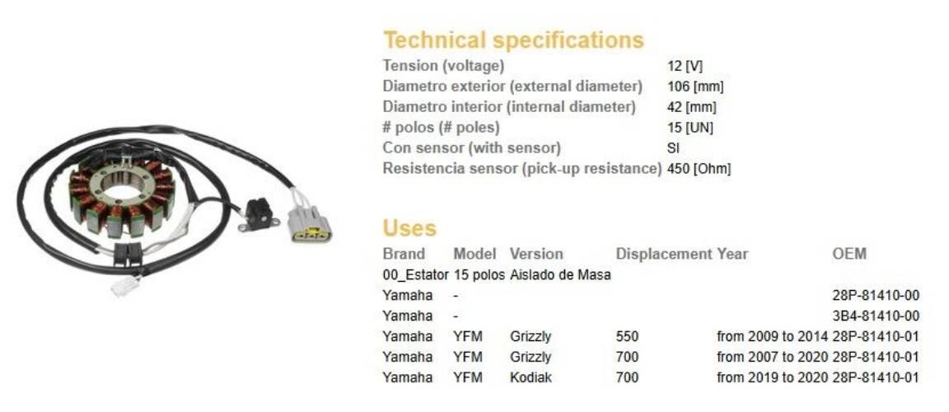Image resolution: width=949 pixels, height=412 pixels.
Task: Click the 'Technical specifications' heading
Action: [x=513, y=40]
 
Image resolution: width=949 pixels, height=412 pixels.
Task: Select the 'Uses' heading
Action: [x=409, y=228]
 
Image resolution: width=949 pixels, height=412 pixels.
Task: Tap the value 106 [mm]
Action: [x=695, y=87]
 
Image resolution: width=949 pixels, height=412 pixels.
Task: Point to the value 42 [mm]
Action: [x=692, y=108]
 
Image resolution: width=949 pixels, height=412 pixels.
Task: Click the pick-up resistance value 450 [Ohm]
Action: [x=699, y=169]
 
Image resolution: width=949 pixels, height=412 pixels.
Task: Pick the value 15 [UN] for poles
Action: [x=690, y=129]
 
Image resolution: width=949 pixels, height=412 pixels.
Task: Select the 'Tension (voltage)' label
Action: [x=444, y=65]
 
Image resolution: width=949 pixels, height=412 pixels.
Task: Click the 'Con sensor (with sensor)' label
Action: [x=472, y=147]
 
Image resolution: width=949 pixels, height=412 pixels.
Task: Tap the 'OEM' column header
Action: [x=849, y=254]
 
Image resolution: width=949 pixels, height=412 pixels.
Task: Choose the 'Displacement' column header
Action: [x=664, y=254]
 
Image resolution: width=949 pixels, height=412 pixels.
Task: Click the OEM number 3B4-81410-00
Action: [x=876, y=316]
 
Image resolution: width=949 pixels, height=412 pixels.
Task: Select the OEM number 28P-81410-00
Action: [x=876, y=295]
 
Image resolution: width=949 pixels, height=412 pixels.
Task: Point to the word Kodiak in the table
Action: [x=531, y=377]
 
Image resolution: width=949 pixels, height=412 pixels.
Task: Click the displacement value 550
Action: [x=627, y=336]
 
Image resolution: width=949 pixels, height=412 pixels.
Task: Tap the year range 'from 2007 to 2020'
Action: [x=772, y=357]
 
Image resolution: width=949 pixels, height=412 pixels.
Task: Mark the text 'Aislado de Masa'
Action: [x=560, y=274]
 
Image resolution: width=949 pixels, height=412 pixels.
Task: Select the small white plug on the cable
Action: [x=125, y=286]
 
